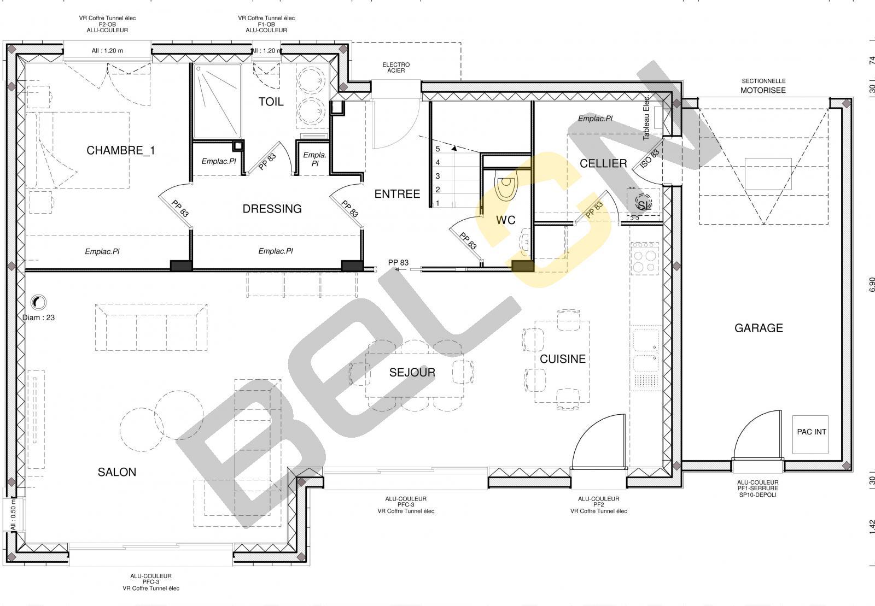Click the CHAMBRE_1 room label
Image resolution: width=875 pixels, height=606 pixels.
tap(121, 151)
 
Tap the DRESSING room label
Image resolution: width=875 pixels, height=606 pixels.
tap(272, 209)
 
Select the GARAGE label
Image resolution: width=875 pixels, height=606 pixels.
tap(759, 328)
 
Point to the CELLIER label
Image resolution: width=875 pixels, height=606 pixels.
tap(603, 163)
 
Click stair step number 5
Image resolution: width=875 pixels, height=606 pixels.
tap(438, 149)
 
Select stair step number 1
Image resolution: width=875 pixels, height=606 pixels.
tap(437, 203)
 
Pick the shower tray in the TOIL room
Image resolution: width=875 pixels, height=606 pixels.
tap(217, 102)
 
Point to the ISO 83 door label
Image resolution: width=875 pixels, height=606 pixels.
tap(650, 159)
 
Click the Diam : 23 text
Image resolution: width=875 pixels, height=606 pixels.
tap(38, 317)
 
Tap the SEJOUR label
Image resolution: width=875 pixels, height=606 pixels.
tap(412, 373)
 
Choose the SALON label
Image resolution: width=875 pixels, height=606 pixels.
tap(117, 472)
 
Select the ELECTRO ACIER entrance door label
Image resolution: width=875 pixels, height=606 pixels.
tap(396, 68)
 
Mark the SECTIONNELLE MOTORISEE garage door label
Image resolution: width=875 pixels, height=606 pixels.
tap(763, 86)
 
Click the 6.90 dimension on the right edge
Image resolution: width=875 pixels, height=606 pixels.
tap(872, 285)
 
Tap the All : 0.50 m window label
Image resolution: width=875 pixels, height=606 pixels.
tap(13, 515)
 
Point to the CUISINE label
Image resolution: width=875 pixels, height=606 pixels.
tap(563, 359)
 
